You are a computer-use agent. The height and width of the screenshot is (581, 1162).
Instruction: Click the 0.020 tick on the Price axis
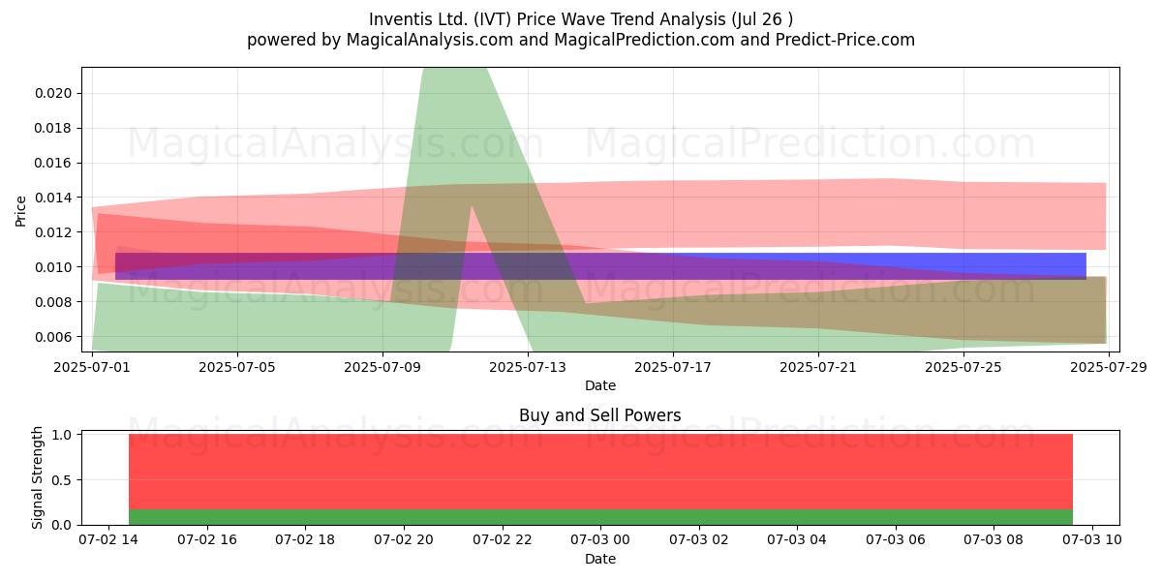pyautogui.click(x=53, y=93)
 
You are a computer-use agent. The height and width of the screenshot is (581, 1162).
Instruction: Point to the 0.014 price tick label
pyautogui.click(x=53, y=198)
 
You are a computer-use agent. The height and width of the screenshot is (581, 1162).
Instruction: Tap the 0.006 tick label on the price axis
pyautogui.click(x=53, y=337)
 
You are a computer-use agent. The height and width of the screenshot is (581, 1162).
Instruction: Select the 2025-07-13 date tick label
pyautogui.click(x=528, y=367)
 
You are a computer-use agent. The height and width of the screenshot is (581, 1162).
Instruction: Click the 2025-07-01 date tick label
pyautogui.click(x=92, y=367)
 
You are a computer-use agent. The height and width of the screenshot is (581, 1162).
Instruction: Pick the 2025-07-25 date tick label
pyautogui.click(x=963, y=367)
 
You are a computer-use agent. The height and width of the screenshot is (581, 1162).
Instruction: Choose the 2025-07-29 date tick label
pyautogui.click(x=1109, y=367)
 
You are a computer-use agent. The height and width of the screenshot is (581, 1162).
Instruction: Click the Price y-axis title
pyautogui.click(x=20, y=211)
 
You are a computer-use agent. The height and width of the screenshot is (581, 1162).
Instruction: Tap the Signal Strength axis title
pyautogui.click(x=37, y=477)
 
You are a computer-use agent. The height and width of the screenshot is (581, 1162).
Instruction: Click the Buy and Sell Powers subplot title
pyautogui.click(x=600, y=415)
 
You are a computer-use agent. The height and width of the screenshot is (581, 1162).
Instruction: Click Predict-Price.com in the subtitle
pyautogui.click(x=845, y=40)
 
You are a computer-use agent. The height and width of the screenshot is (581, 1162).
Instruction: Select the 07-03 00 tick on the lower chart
pyautogui.click(x=600, y=540)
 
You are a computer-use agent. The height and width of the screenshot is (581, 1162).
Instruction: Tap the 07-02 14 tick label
pyautogui.click(x=108, y=540)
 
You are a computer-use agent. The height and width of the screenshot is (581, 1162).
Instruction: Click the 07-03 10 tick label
pyautogui.click(x=1092, y=540)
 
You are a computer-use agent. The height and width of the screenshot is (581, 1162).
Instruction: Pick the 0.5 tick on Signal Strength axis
pyautogui.click(x=62, y=480)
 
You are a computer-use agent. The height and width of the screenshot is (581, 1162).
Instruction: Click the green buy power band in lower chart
pyautogui.click(x=600, y=517)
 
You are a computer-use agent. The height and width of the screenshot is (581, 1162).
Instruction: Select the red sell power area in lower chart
pyautogui.click(x=600, y=472)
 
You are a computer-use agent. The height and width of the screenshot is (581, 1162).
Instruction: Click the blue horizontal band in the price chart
pyautogui.click(x=600, y=266)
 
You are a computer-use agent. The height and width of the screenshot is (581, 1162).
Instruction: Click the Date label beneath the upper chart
pyautogui.click(x=600, y=385)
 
